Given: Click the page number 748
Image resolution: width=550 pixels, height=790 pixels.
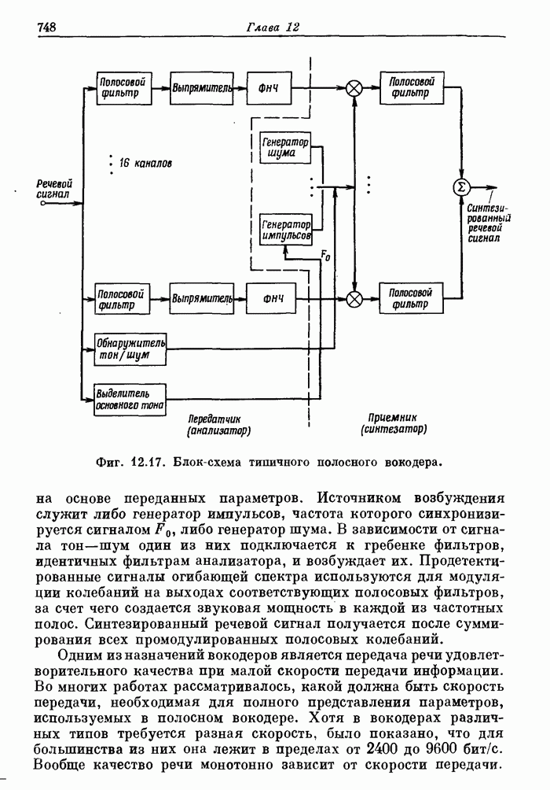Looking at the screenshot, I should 46,28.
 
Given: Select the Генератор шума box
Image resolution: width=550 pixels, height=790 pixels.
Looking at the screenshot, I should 285,147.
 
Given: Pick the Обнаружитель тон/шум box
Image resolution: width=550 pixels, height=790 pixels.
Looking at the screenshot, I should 130,349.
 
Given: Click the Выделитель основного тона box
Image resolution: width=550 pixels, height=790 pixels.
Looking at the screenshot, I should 129,399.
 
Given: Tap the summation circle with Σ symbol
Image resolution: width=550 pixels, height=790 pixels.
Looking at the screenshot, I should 462,186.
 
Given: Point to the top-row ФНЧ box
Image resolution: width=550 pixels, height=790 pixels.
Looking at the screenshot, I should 269,88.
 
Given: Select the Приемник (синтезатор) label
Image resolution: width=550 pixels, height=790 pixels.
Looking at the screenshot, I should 393,424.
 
